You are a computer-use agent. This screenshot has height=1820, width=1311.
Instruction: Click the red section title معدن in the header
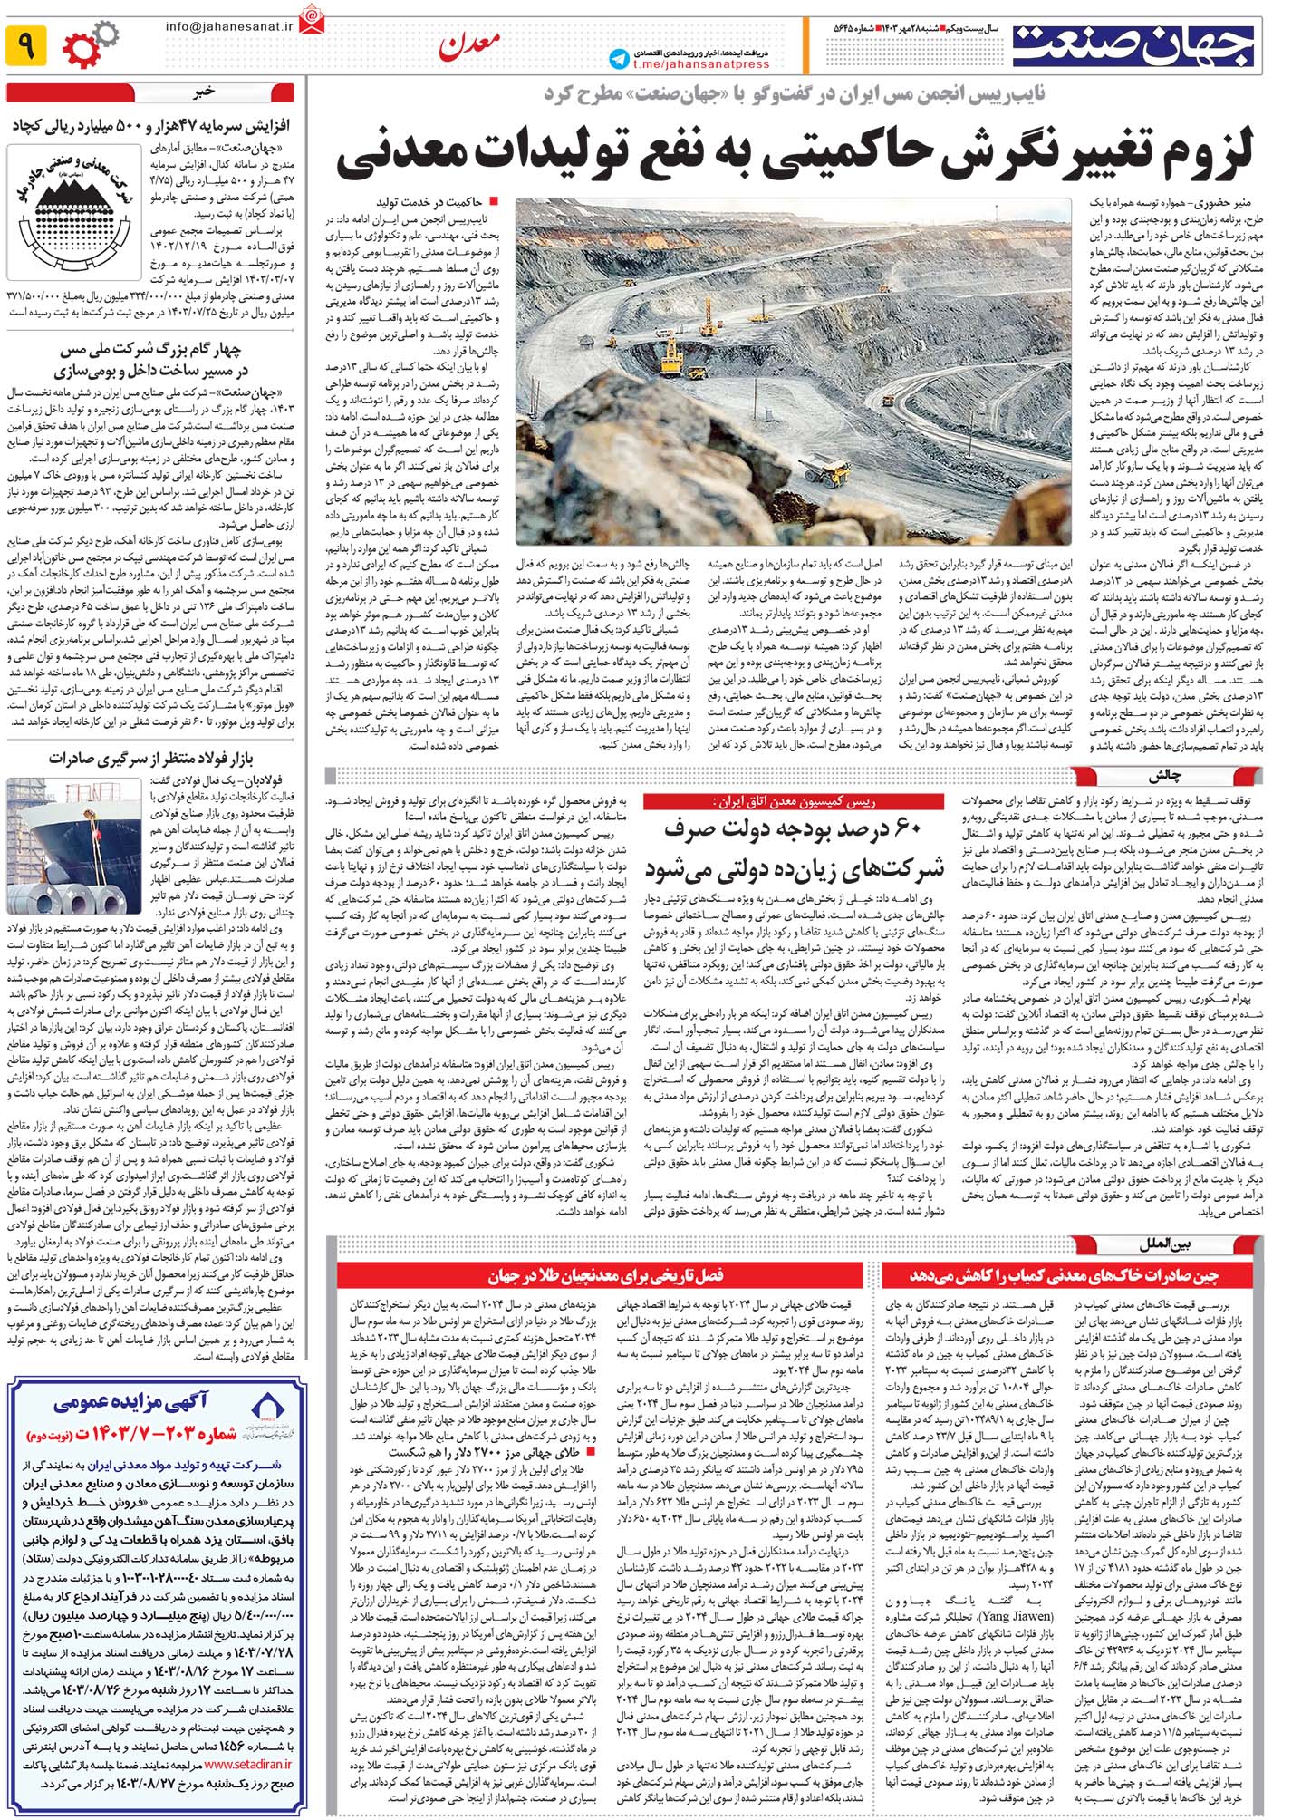pos(468,45)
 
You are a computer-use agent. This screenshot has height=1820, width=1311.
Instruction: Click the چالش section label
pos(1164,776)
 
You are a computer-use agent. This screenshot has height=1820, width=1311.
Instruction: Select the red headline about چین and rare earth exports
pos(1064,1275)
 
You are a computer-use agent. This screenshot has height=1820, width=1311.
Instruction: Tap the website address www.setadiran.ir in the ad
pos(248,1765)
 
